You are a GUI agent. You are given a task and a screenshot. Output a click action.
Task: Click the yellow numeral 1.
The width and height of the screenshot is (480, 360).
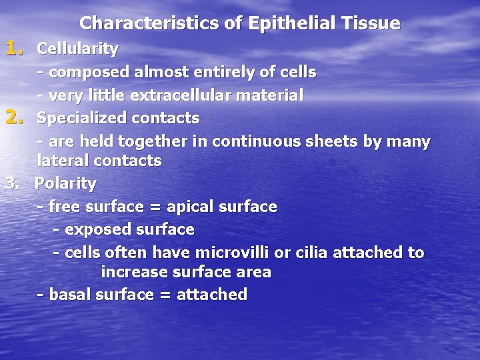(14, 48)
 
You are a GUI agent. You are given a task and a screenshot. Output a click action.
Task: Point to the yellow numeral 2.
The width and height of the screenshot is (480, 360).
(14, 118)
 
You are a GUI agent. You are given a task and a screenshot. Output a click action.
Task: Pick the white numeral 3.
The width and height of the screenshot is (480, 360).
(11, 183)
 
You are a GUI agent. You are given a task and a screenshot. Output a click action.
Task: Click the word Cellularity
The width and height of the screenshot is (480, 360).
(77, 49)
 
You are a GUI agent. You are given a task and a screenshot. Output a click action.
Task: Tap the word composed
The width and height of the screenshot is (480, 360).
(90, 71)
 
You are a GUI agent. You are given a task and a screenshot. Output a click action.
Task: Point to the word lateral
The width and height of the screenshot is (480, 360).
(63, 161)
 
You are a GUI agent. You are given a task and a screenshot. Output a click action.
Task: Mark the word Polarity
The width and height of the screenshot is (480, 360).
(65, 183)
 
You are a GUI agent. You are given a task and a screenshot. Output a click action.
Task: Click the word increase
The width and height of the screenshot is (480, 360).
(133, 272)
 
